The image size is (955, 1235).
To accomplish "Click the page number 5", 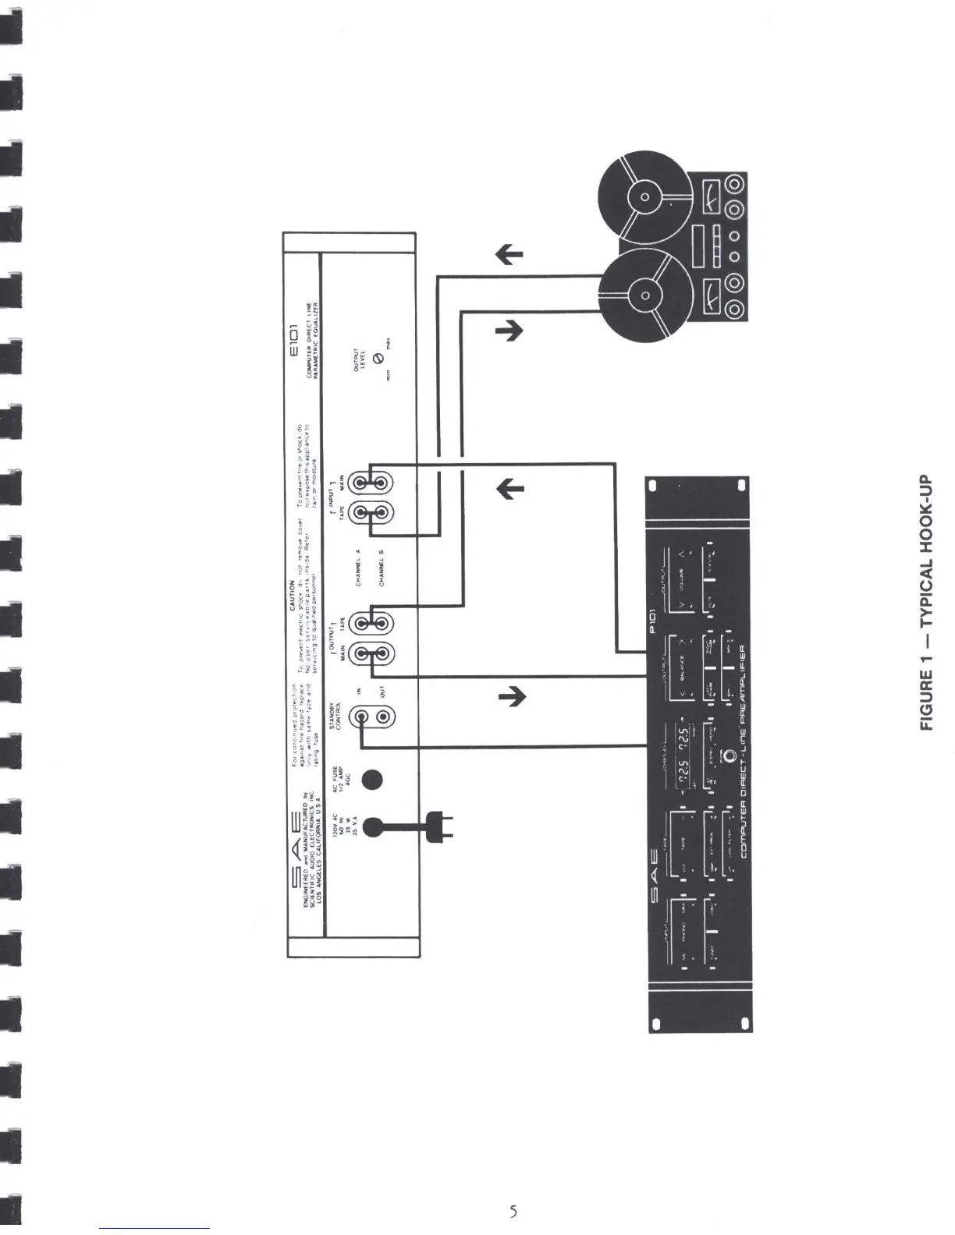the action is (513, 1211).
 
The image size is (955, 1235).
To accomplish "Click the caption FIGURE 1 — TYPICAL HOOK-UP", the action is (928, 602).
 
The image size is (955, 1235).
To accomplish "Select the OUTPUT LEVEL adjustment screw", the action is (378, 358).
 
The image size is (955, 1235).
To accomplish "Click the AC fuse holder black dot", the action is (373, 780).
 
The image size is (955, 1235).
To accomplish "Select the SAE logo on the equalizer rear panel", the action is (295, 850).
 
